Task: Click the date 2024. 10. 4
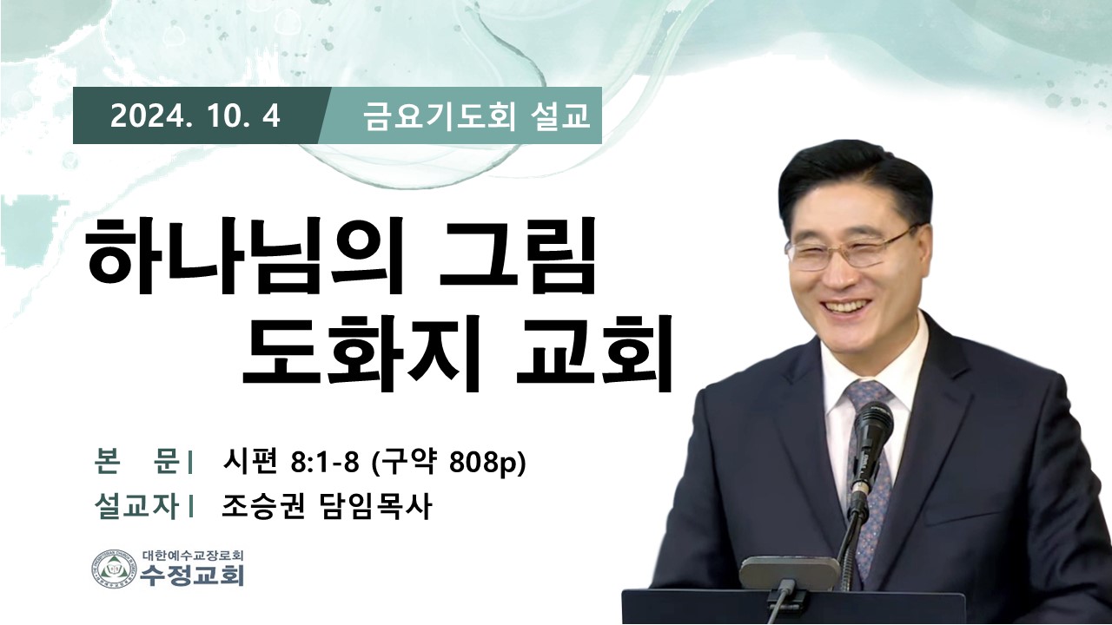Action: [x=195, y=116]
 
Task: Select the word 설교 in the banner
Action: [x=560, y=116]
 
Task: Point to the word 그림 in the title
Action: [x=517, y=256]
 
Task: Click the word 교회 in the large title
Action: [x=594, y=353]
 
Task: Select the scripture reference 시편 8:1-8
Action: [x=291, y=463]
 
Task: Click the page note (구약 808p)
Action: [x=448, y=464]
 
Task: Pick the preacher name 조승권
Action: [x=263, y=506]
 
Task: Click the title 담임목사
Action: [x=374, y=506]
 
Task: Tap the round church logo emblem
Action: [x=114, y=569]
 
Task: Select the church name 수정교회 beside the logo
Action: [x=192, y=576]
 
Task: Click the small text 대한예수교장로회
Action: [x=193, y=555]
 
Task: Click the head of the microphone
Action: [x=873, y=428]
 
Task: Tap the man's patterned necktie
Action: [x=870, y=471]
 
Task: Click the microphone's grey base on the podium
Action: [x=790, y=573]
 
